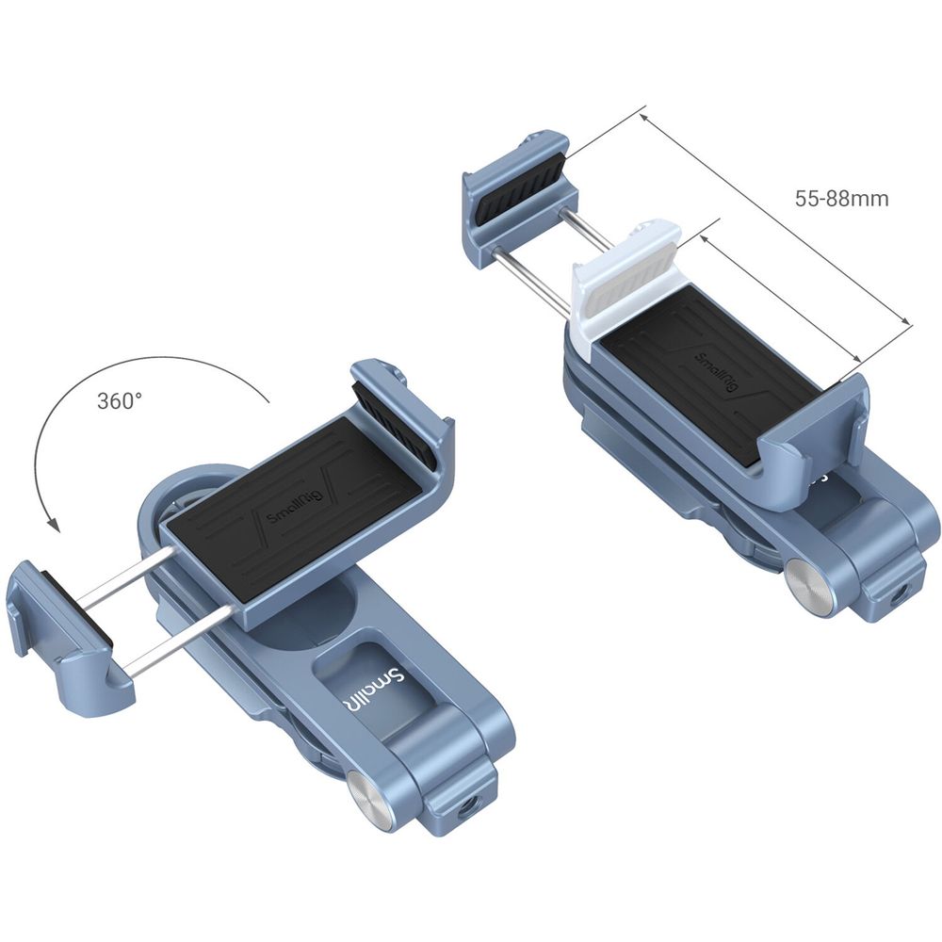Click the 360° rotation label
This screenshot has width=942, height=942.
[121, 400]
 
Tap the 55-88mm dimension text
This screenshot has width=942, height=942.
[841, 199]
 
